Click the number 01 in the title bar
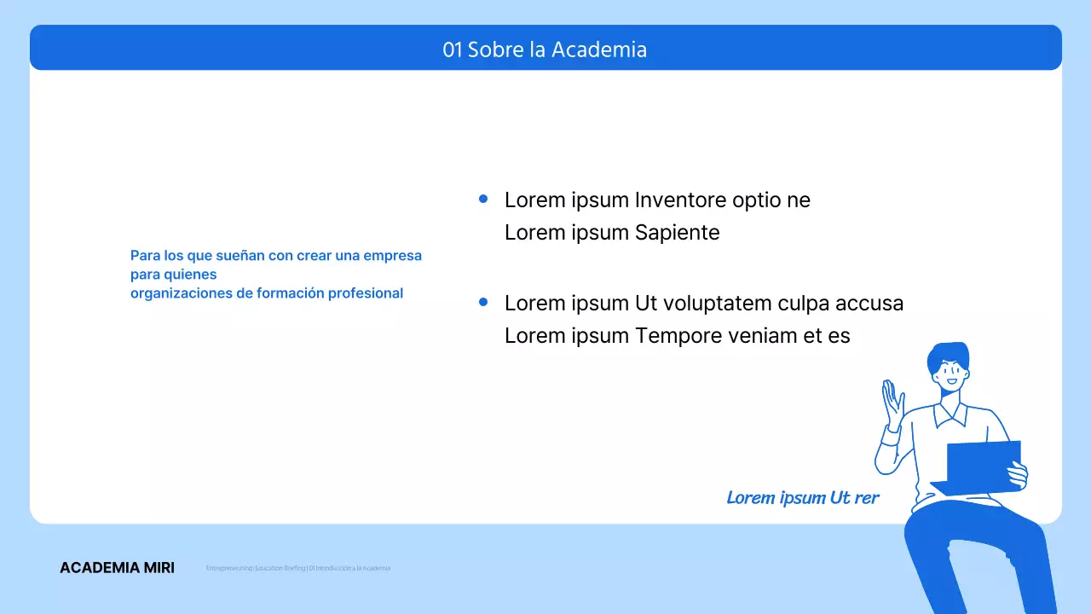(x=452, y=49)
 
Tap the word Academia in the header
(x=598, y=49)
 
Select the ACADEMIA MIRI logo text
(x=117, y=568)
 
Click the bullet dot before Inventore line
(x=483, y=199)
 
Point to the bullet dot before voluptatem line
(x=483, y=302)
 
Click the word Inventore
(x=680, y=200)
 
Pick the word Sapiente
(x=678, y=233)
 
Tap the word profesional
(x=366, y=293)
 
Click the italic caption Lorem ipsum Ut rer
(x=802, y=498)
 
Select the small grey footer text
(x=298, y=568)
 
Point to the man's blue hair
(x=948, y=353)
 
